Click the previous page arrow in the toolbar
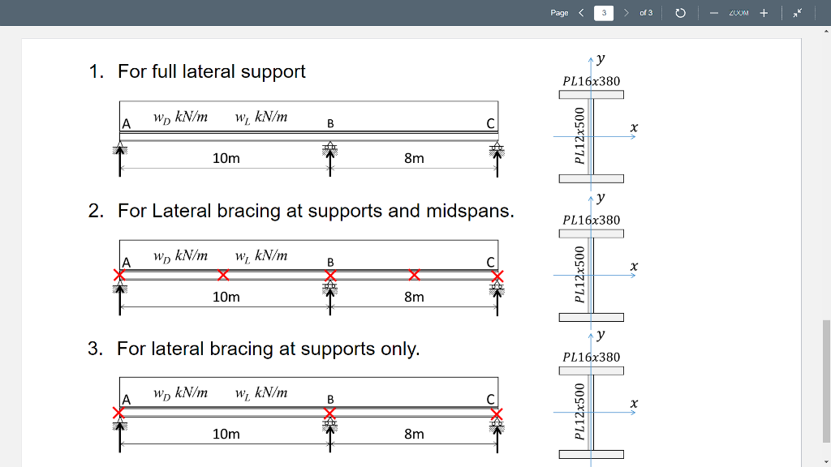[581, 13]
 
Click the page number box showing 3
[604, 13]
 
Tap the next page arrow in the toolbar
[626, 13]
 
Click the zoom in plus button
[764, 13]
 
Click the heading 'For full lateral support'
[211, 71]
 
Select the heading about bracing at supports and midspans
[316, 211]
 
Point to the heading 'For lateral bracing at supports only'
[268, 349]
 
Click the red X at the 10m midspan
[223, 275]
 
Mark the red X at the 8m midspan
[414, 275]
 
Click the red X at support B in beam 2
[330, 276]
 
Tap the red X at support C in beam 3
[497, 413]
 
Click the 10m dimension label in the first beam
[226, 158]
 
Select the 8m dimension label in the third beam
[414, 434]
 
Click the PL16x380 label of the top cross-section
[591, 81]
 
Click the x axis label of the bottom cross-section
[634, 403]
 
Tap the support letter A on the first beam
[126, 124]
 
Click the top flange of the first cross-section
[591, 95]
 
